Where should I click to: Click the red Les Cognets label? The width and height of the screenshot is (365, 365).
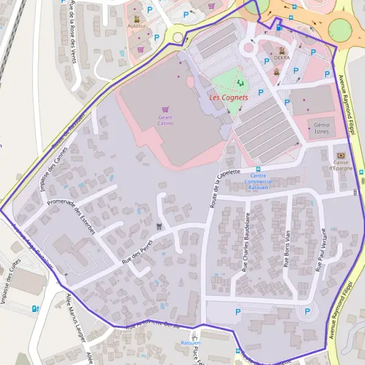(x=228, y=97)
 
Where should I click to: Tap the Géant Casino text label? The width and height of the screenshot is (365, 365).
(x=165, y=120)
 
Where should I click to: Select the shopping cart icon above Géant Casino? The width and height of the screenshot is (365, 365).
(x=165, y=109)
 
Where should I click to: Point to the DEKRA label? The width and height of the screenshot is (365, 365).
(x=282, y=58)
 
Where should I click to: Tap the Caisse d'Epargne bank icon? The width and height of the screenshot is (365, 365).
(x=340, y=156)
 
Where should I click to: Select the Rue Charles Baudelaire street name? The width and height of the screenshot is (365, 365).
(x=246, y=242)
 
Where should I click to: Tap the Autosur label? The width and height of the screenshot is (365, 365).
(x=137, y=26)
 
